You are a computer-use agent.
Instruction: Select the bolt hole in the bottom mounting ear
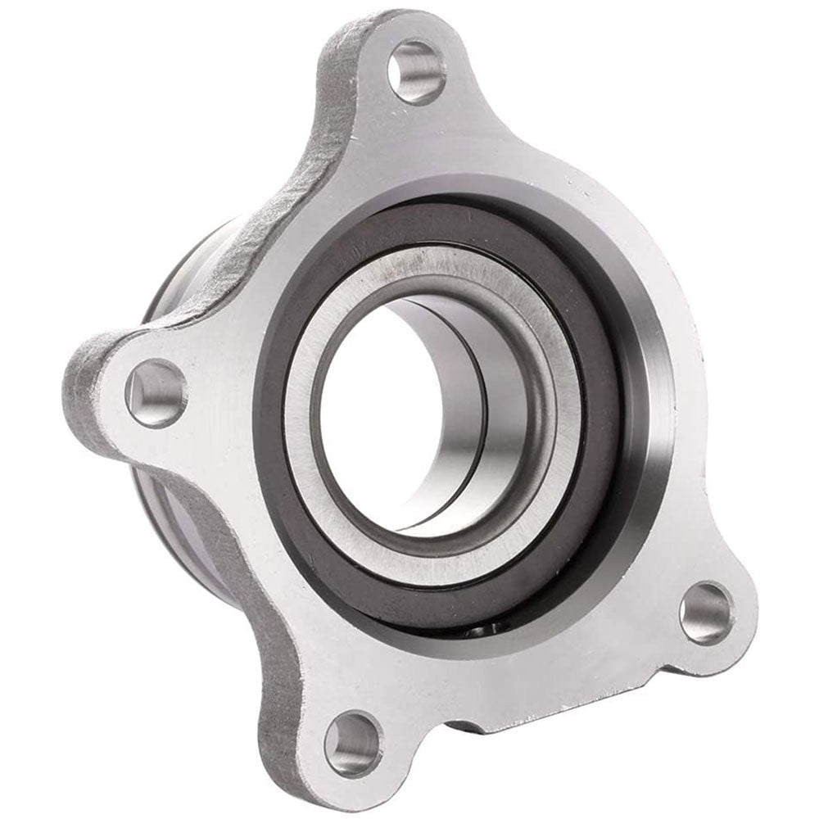pos(353,744)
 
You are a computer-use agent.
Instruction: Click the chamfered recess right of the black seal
pos(655,409)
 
